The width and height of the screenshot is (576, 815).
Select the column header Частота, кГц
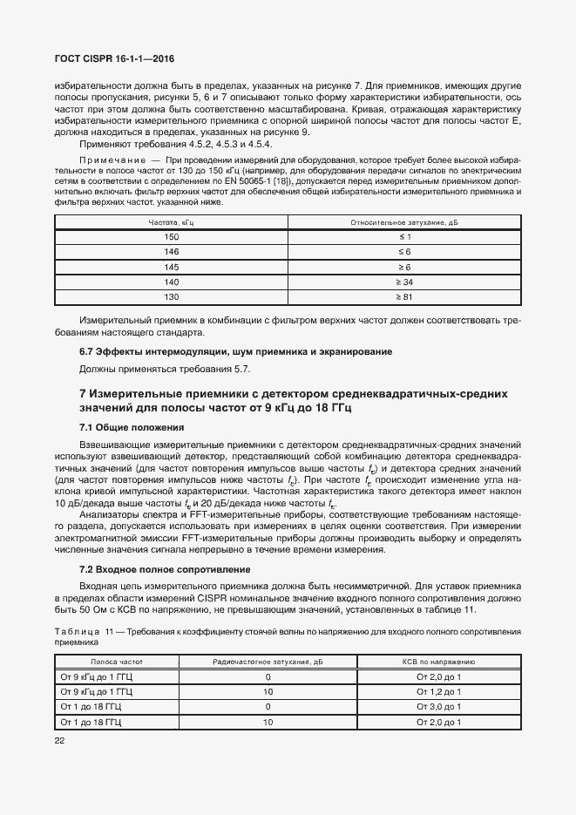[171, 223]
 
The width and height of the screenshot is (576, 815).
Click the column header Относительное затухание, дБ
[404, 223]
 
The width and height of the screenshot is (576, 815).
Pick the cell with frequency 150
[171, 237]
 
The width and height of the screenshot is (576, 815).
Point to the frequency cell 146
[171, 252]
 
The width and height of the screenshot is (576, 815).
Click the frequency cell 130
[171, 297]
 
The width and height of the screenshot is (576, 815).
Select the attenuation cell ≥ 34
[404, 282]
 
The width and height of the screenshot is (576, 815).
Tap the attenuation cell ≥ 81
[404, 297]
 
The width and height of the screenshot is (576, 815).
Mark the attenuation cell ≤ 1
[404, 237]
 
